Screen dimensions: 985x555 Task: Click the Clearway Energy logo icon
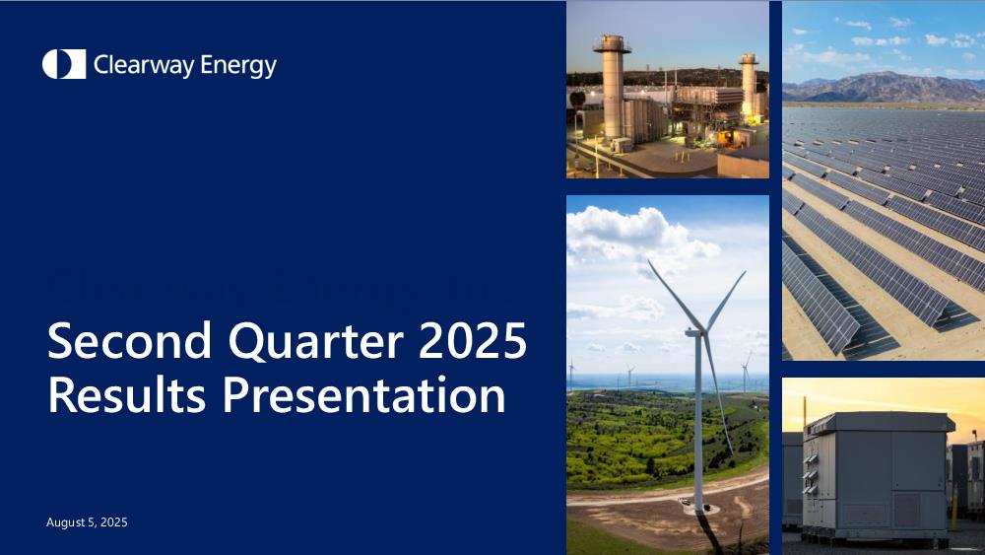pyautogui.click(x=64, y=64)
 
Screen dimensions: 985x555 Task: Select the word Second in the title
pyautogui.click(x=129, y=340)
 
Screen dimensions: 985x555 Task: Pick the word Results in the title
pyautogui.click(x=126, y=394)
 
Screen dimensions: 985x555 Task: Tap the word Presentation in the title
pyautogui.click(x=364, y=394)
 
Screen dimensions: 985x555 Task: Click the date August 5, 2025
pyautogui.click(x=87, y=522)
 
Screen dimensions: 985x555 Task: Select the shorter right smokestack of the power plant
pyautogui.click(x=749, y=85)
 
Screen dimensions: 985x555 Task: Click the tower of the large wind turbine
pyautogui.click(x=698, y=421)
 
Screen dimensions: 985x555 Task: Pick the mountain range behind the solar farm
pyautogui.click(x=884, y=87)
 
